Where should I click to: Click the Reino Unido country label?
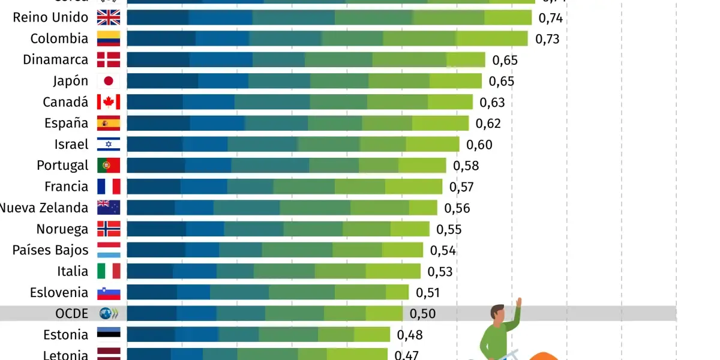50,17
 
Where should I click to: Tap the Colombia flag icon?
109,38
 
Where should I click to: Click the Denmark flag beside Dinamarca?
109,59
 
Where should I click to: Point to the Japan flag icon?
109,81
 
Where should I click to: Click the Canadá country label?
65,102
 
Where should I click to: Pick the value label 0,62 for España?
488,124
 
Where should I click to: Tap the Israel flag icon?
109,144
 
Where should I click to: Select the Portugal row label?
62,165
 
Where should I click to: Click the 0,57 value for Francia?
461,187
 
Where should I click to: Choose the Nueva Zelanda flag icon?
109,208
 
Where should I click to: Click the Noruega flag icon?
109,229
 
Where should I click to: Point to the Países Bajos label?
50,250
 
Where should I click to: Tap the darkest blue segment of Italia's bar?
150,271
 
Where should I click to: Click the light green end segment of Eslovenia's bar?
397,292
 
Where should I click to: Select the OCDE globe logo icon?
109,313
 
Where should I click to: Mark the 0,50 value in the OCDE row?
422,313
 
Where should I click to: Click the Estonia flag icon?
109,334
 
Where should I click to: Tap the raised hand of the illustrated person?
518,303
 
